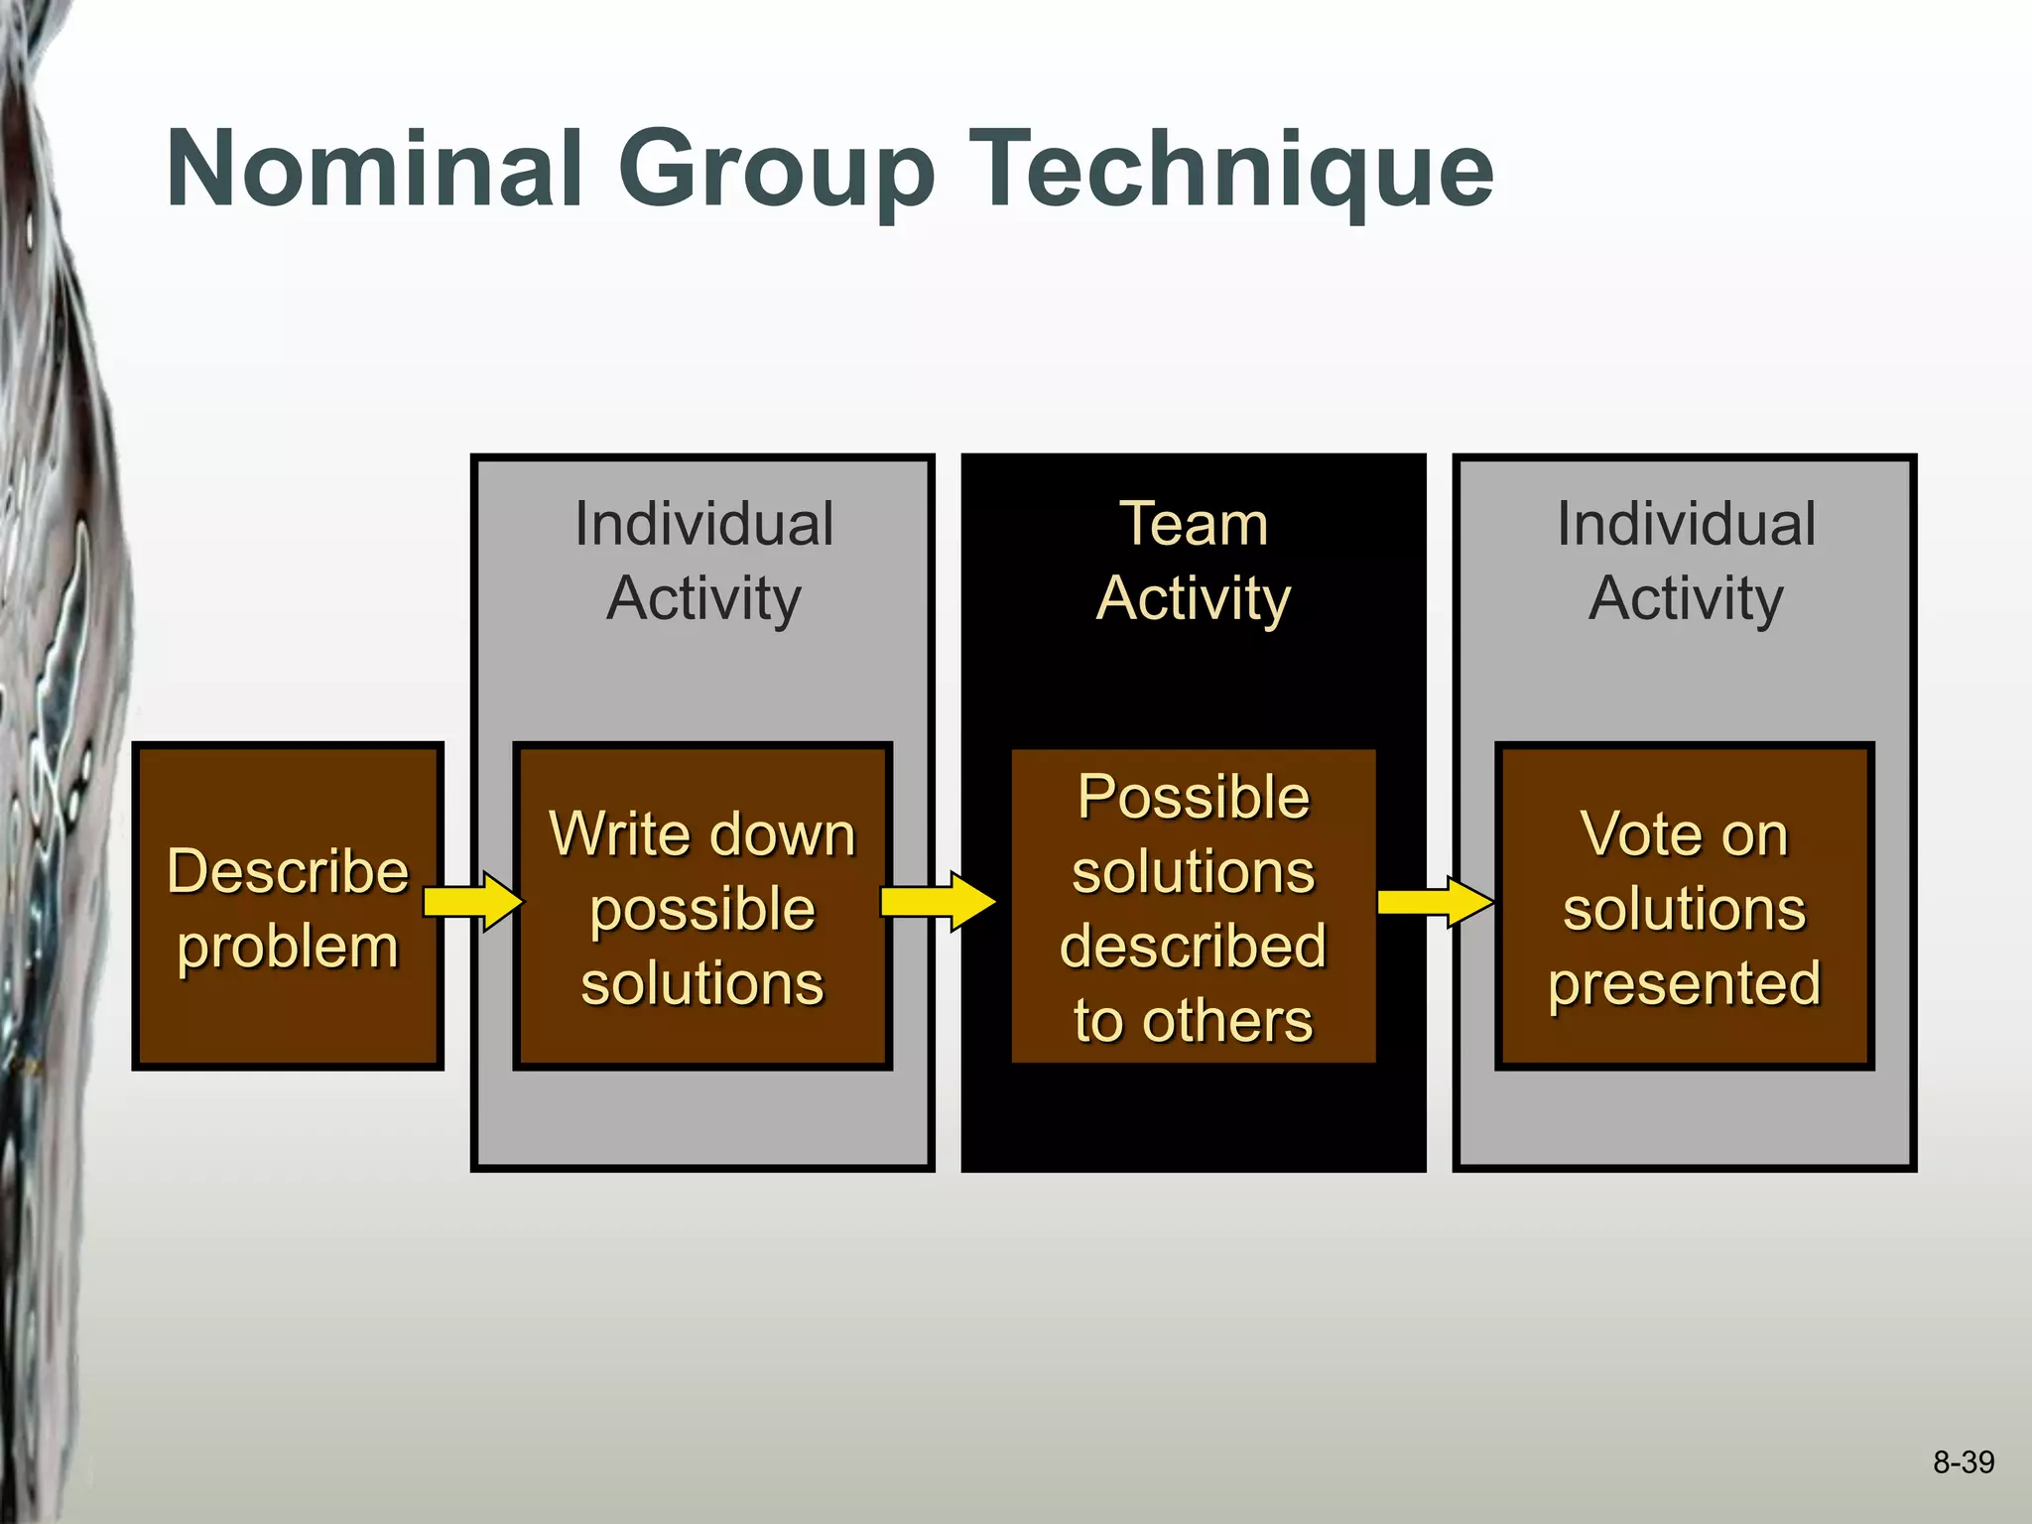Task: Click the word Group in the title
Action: pyautogui.click(x=776, y=171)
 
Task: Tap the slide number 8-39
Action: pyautogui.click(x=1963, y=1462)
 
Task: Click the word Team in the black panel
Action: pyautogui.click(x=1194, y=524)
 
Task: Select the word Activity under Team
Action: pyautogui.click(x=1194, y=599)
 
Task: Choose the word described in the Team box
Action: pyautogui.click(x=1194, y=946)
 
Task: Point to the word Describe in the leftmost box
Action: pyautogui.click(x=288, y=871)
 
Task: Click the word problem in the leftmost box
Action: pyautogui.click(x=288, y=948)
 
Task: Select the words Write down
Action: pyautogui.click(x=702, y=833)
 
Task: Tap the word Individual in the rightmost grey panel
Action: pyautogui.click(x=1685, y=524)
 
